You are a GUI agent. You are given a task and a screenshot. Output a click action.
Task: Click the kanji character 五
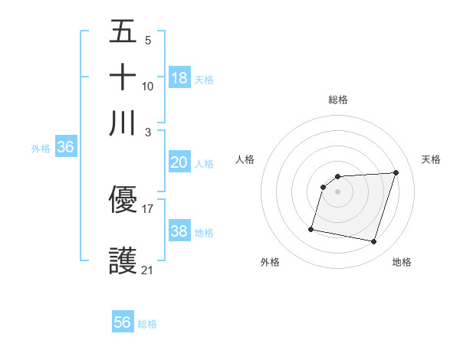(123, 32)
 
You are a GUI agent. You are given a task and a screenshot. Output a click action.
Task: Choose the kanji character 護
(123, 260)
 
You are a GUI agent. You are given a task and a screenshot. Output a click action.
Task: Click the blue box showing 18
(179, 78)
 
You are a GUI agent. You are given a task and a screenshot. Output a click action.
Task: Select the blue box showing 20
(179, 162)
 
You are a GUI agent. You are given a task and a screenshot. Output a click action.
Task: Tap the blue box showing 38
(179, 231)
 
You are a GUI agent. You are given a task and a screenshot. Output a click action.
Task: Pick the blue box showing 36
(65, 148)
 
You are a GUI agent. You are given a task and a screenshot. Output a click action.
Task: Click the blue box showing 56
(123, 322)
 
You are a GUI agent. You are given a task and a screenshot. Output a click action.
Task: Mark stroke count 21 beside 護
(148, 270)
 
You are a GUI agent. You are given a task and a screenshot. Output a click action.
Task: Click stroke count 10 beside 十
(148, 86)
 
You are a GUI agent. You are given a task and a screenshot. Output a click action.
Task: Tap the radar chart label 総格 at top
(338, 100)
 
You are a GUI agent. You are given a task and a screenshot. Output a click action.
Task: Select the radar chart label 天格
(431, 159)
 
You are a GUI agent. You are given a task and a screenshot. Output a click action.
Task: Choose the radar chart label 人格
(245, 159)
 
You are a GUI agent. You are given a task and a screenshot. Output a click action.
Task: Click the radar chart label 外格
(270, 262)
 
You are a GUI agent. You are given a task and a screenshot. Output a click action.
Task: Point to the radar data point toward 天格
(396, 172)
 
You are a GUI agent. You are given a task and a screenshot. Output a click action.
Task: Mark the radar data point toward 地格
(373, 242)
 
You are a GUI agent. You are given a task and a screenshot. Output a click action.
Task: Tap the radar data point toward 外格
(311, 228)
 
